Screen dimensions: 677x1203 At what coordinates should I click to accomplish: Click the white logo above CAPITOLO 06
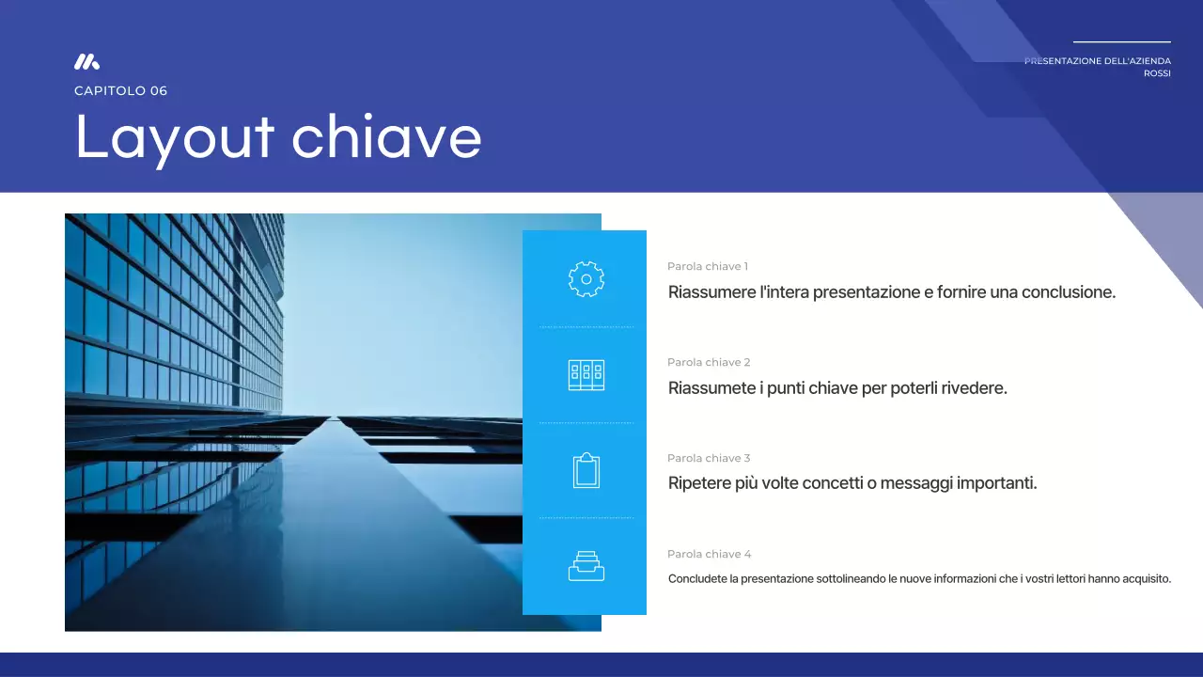tap(86, 62)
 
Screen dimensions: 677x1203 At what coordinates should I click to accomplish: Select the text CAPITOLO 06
tap(120, 91)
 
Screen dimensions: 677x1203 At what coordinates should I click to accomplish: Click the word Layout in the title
tap(174, 137)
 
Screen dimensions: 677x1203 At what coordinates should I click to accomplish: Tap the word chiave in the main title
tap(386, 137)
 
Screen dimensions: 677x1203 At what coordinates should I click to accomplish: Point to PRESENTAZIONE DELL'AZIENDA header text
tap(1097, 61)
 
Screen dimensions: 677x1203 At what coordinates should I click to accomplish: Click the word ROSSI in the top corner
tap(1157, 73)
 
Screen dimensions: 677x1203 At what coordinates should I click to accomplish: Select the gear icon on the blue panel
tap(586, 279)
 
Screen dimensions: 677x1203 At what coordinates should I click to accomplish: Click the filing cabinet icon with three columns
tap(586, 375)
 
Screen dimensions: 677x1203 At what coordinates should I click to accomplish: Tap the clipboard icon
tap(586, 470)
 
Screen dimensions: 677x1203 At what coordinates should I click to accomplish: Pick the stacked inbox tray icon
tap(586, 566)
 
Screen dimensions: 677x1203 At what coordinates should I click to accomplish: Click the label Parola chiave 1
tap(708, 266)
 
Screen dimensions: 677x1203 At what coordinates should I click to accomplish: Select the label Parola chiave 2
tap(709, 362)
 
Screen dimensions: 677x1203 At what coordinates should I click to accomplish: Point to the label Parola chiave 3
tap(709, 458)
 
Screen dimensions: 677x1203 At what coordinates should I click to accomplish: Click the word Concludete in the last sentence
tap(697, 579)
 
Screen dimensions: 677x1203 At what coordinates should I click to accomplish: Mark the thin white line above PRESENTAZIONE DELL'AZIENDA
tap(1122, 41)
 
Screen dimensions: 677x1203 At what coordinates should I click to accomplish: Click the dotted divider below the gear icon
tap(586, 327)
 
